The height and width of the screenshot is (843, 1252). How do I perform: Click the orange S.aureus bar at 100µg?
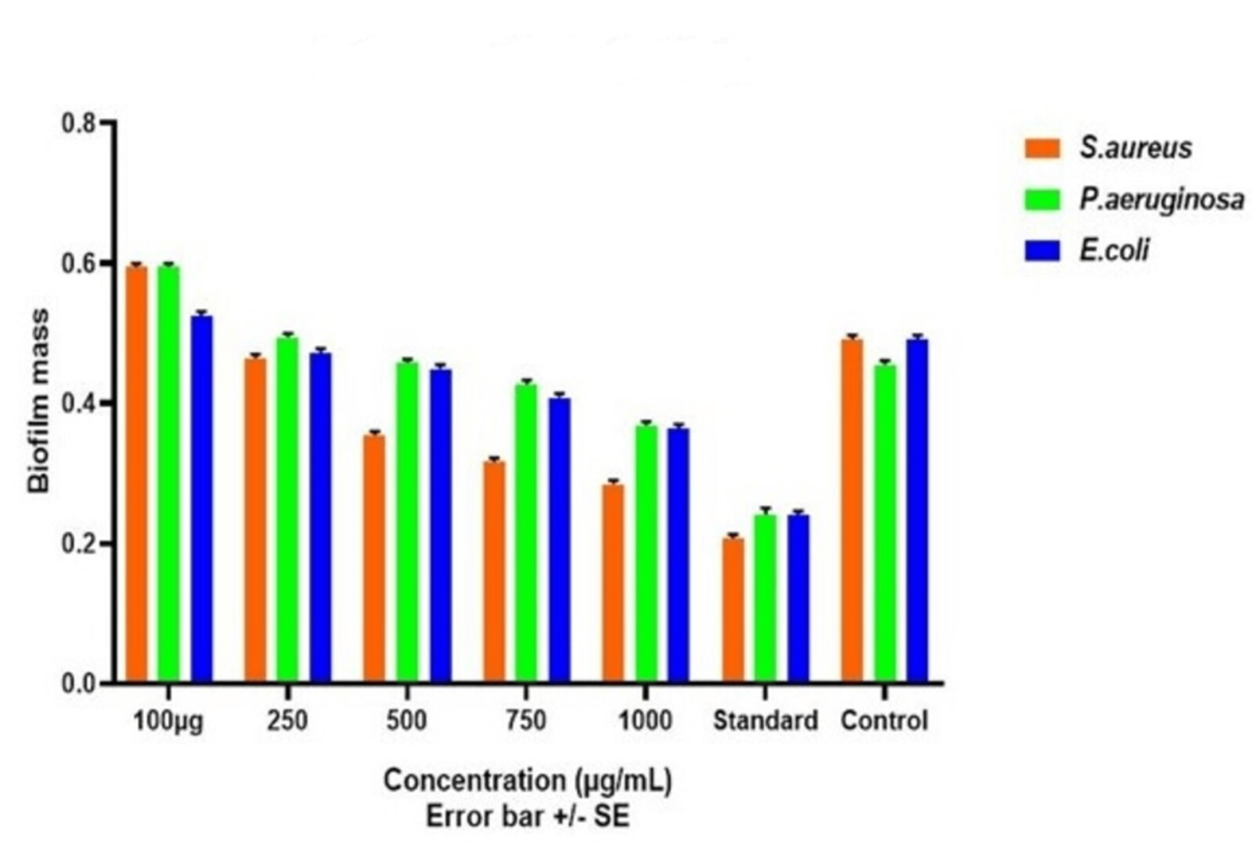point(136,473)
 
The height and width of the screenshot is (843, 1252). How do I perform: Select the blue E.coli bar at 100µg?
point(202,498)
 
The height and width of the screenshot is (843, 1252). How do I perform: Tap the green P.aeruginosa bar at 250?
point(288,509)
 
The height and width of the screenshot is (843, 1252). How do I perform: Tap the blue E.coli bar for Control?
point(917,510)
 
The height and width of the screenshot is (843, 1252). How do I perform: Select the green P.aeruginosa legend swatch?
point(1042,200)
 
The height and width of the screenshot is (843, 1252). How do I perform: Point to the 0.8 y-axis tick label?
point(78,124)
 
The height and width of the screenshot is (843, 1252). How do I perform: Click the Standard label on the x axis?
point(765,720)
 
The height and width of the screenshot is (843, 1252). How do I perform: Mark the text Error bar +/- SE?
point(527,817)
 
